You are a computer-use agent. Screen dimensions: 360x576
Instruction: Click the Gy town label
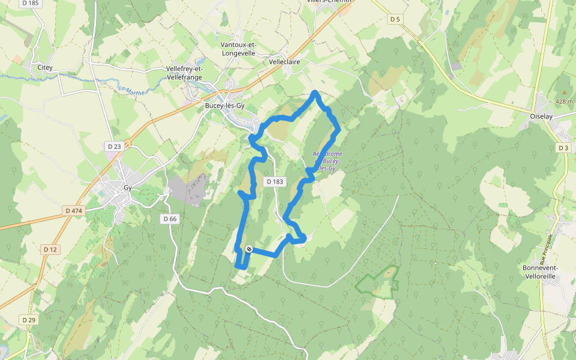tap(127, 187)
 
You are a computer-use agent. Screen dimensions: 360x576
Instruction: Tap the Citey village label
tap(45, 67)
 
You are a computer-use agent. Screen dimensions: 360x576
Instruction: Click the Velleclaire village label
tap(284, 62)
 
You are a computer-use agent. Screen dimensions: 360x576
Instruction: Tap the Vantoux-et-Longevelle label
tap(238, 49)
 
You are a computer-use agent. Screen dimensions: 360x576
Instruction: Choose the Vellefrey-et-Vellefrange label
tap(185, 73)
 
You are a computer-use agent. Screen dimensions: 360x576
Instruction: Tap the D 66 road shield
tap(170, 219)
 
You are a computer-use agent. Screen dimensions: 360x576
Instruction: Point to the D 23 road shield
tap(114, 146)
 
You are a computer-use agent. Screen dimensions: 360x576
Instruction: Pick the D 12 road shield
tap(50, 249)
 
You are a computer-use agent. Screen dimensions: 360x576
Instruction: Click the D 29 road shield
tap(28, 320)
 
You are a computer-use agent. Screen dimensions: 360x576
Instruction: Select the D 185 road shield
tap(29, 3)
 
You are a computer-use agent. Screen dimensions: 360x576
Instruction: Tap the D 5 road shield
tap(394, 19)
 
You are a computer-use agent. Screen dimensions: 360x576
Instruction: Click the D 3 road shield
tap(563, 148)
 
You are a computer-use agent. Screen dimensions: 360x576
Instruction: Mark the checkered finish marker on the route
tap(249, 249)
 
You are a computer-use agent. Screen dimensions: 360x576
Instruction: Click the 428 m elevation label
tap(563, 101)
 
